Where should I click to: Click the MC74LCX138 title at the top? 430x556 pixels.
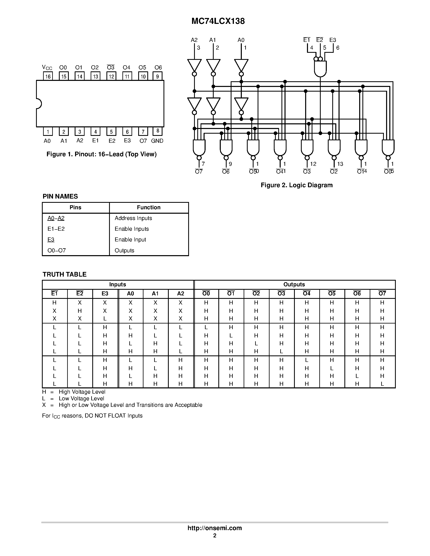[218, 21]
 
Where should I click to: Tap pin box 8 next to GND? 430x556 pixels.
[158, 131]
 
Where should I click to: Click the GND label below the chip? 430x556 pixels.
[157, 141]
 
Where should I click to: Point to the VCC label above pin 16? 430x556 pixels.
[47, 68]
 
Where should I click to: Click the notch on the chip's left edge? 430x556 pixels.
[39, 104]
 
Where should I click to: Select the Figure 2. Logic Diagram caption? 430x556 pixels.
[296, 185]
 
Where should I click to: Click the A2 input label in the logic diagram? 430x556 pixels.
[194, 40]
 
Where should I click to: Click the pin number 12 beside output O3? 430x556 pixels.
[313, 164]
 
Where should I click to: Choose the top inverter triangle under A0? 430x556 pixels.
[241, 65]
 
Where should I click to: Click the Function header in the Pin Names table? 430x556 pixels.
[149, 207]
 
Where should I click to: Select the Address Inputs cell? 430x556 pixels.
[133, 218]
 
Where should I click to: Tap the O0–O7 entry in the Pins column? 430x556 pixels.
[56, 251]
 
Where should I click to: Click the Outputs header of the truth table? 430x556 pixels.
[294, 284]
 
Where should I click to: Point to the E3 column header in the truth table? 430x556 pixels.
[105, 294]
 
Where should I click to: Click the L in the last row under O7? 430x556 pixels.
[382, 384]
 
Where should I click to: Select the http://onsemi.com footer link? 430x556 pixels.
[214, 528]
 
